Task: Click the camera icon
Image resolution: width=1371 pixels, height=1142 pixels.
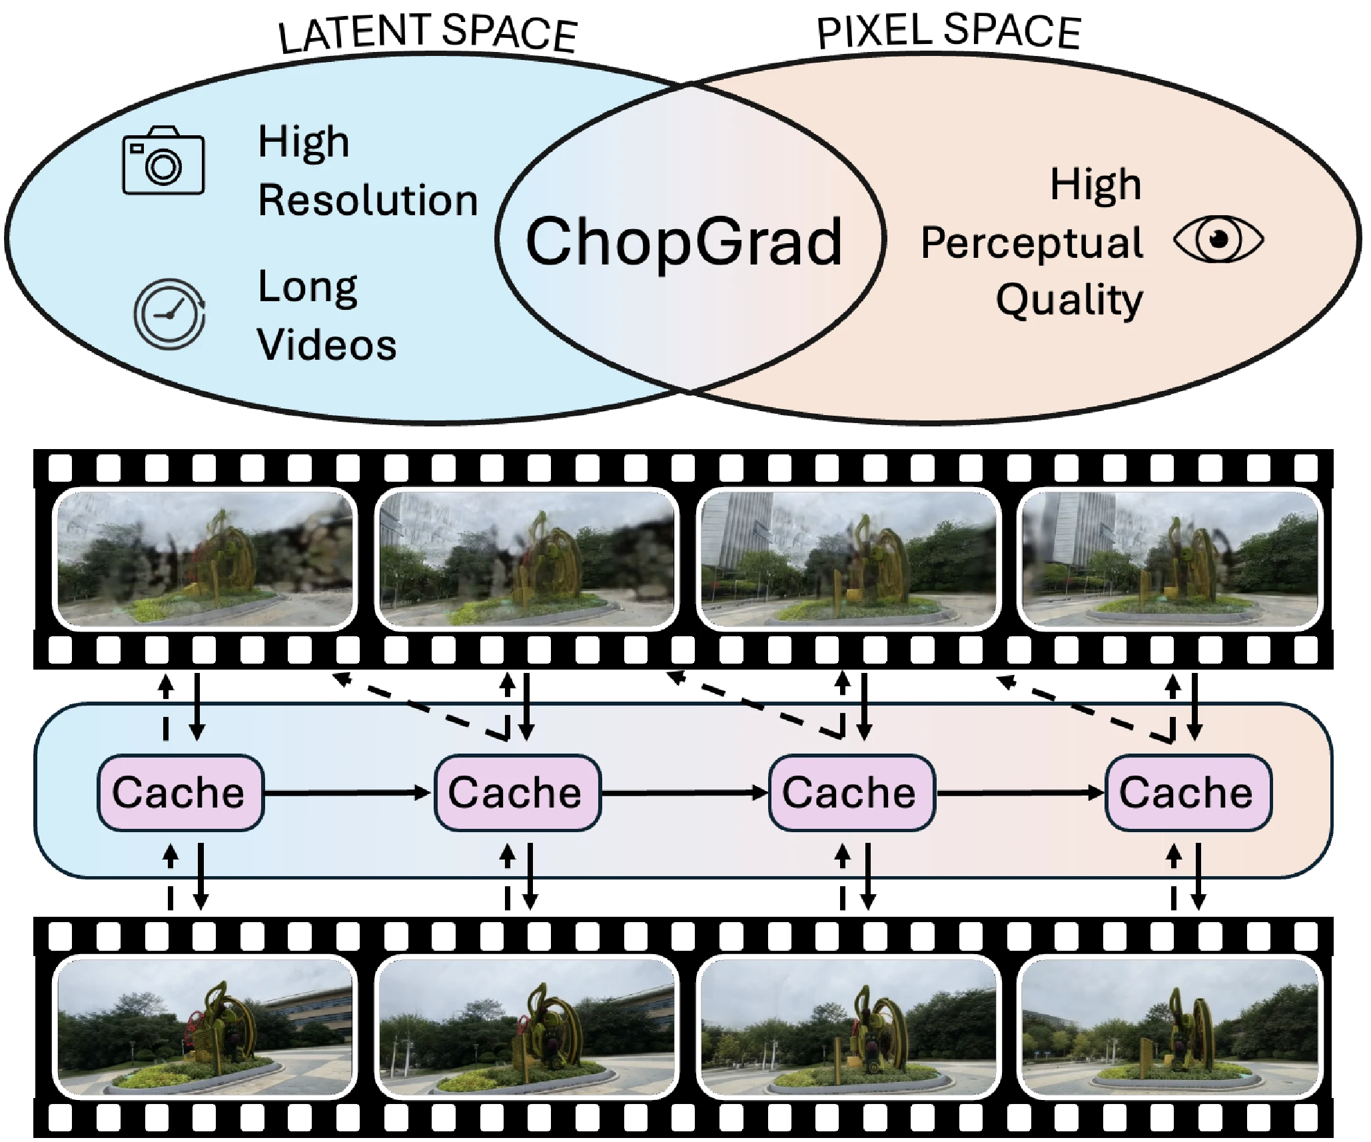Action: coord(163,161)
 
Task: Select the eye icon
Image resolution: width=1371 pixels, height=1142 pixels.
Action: coord(1218,239)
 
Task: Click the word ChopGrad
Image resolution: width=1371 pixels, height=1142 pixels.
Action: coord(684,241)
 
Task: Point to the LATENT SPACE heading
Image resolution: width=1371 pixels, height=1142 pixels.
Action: coord(428,33)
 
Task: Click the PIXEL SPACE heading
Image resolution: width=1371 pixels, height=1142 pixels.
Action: coord(948,31)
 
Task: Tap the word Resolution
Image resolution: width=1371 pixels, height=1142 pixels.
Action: coord(368,200)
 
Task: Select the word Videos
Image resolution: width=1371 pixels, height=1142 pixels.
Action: coord(326,344)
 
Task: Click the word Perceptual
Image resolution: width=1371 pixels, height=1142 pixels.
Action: coord(1031,243)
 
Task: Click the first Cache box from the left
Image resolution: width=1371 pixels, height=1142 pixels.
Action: coord(181,792)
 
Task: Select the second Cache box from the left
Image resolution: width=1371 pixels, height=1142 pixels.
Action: coord(517,792)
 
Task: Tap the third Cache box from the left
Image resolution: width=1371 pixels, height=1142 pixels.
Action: coord(851,792)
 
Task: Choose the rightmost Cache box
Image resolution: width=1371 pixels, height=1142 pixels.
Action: coord(1188,792)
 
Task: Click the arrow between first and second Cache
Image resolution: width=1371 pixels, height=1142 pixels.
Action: coord(348,792)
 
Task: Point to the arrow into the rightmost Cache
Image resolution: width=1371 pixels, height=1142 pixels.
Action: coord(1021,792)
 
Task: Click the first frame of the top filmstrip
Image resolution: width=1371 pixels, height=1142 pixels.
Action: coord(205,558)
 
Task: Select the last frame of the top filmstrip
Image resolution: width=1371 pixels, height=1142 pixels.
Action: coord(1170,558)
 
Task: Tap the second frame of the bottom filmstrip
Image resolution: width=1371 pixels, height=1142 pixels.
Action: coord(527,1026)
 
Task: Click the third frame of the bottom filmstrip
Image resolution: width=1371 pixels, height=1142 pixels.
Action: coord(849,1026)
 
